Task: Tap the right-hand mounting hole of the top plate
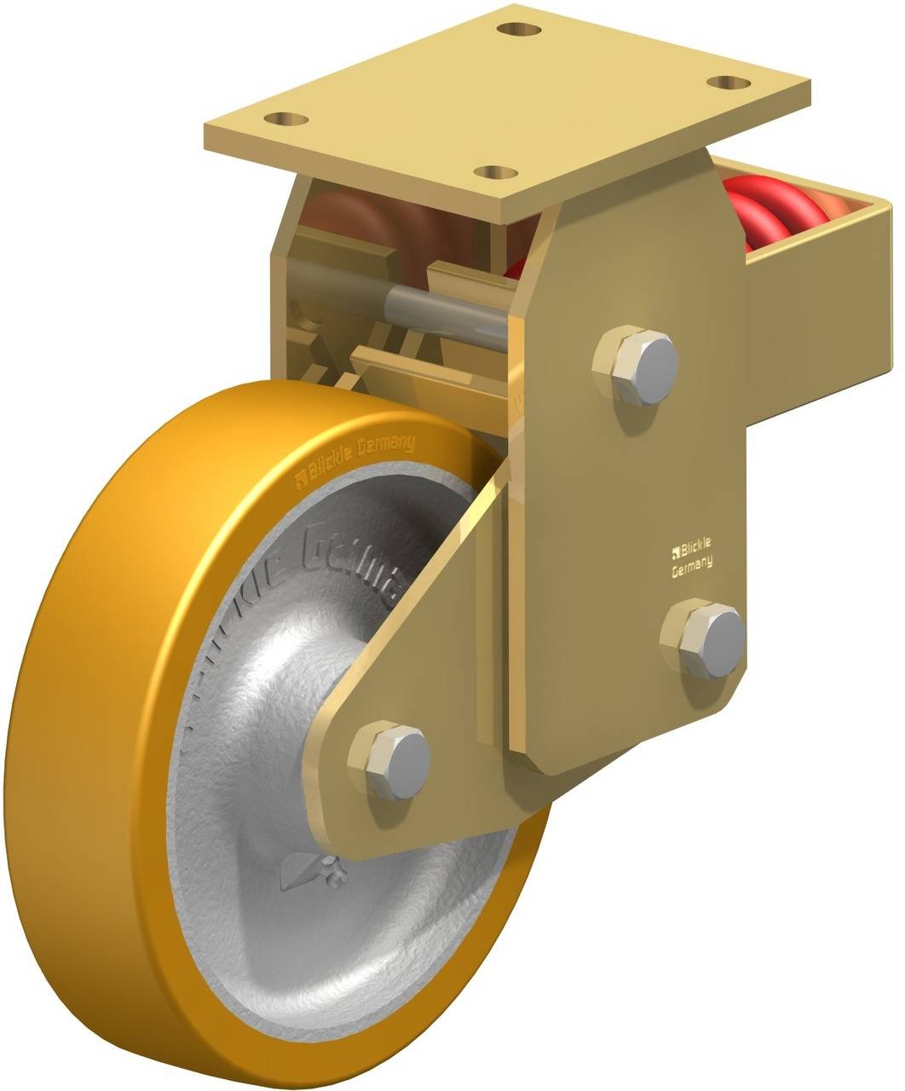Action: tap(729, 82)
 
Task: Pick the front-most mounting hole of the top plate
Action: tap(494, 171)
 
